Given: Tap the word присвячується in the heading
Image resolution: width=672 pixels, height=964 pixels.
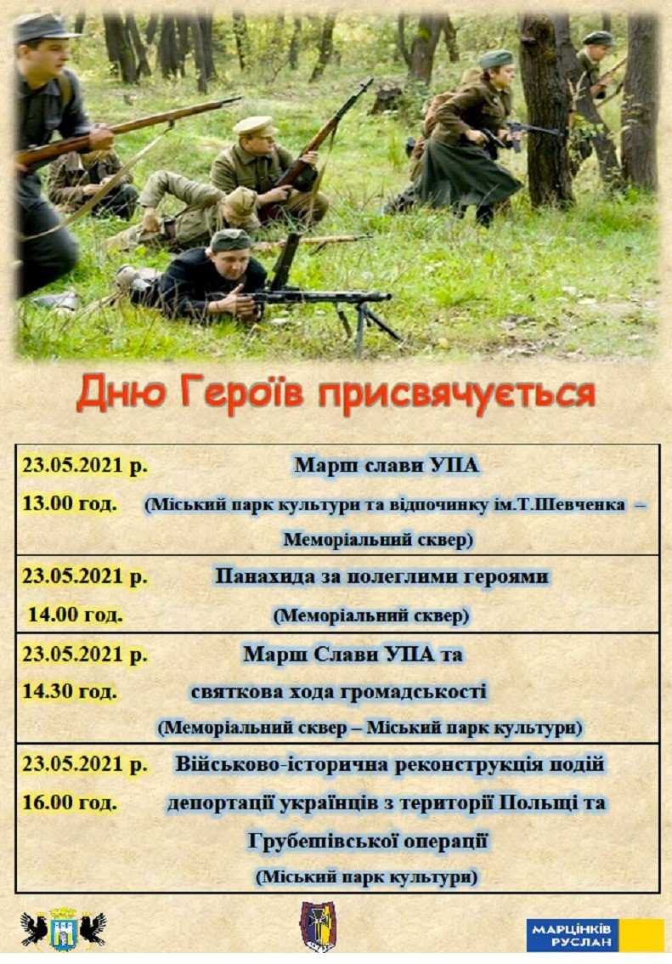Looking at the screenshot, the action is click(455, 394).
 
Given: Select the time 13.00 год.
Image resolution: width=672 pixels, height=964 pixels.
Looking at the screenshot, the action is click(70, 503).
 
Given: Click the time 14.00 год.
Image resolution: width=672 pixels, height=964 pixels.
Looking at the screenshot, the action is click(75, 614).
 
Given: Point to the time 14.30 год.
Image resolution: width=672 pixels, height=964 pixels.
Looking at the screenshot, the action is click(70, 691).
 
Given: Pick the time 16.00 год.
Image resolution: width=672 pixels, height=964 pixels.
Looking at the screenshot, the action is click(70, 802).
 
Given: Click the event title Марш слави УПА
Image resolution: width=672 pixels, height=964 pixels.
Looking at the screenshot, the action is click(386, 465).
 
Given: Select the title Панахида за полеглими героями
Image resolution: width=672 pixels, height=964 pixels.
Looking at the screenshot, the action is click(381, 576).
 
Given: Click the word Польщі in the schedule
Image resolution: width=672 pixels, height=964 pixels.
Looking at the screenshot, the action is click(538, 803).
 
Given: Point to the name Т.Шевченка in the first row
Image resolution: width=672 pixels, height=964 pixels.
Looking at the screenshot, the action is click(575, 505).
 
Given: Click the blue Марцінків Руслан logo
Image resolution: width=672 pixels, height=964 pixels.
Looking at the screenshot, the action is click(595, 934).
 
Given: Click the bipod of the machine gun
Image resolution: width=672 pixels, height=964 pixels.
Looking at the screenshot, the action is click(367, 325).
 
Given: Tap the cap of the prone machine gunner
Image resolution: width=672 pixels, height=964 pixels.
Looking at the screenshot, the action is click(230, 239).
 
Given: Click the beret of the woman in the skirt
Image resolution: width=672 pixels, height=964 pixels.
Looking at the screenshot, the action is click(495, 59).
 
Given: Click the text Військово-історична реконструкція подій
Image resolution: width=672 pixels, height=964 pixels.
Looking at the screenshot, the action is click(389, 765).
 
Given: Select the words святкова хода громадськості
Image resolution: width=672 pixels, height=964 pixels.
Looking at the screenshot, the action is click(338, 692).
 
